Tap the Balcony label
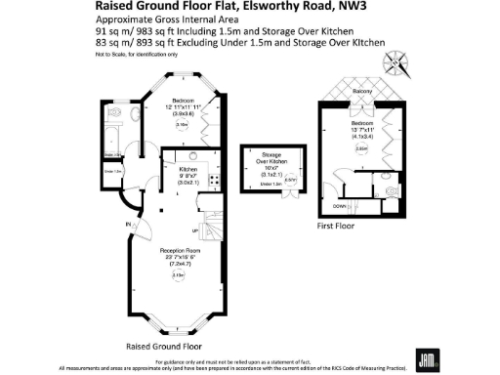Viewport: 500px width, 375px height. pos(361,91)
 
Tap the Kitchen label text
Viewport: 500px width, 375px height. pos(187,169)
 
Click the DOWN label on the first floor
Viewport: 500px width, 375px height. pos(339,206)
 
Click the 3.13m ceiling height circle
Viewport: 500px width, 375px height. pos(178,276)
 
